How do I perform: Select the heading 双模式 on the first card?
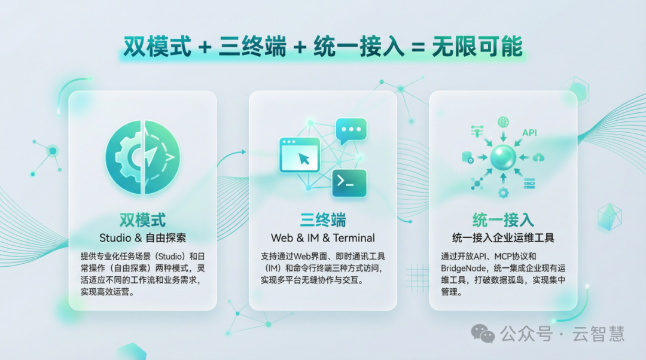pos(142,220)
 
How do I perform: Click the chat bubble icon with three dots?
pos(351,130)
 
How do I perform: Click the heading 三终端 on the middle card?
pos(323,220)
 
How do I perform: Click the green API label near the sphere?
pos(530,132)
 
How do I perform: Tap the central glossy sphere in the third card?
pos(503,158)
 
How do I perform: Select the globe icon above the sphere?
pos(503,122)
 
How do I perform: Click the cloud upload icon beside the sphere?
pos(538,157)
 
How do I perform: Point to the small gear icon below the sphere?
pos(503,193)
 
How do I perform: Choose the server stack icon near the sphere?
pos(529,184)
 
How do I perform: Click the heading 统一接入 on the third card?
pos(503,220)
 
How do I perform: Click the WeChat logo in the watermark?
pos(483,333)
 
